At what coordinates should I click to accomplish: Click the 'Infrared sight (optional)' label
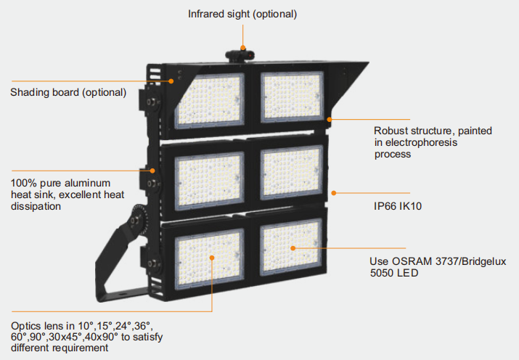(242, 14)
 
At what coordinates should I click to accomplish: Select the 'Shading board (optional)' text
(68, 92)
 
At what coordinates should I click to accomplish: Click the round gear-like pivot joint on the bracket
(137, 220)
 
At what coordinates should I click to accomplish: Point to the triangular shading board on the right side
(348, 80)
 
